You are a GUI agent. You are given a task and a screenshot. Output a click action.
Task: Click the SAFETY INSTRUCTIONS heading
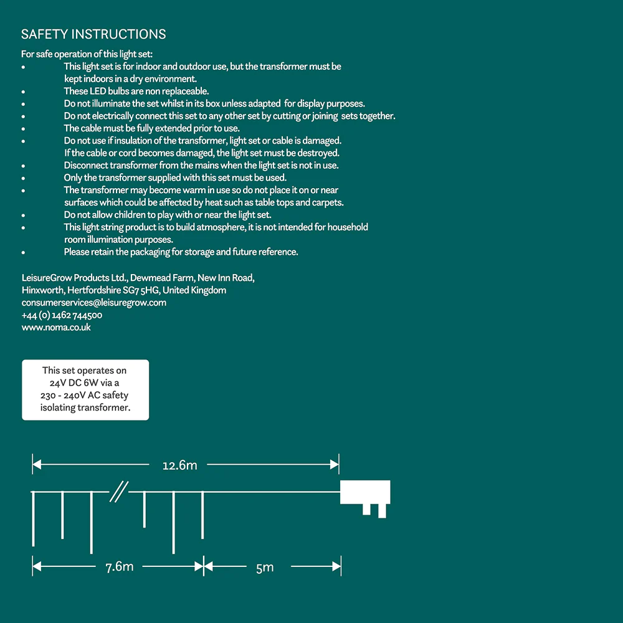(93, 34)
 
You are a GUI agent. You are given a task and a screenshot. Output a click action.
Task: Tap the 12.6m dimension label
(179, 465)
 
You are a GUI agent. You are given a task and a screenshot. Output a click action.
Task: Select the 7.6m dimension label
(119, 567)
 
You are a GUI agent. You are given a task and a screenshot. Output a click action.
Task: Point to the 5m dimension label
(265, 567)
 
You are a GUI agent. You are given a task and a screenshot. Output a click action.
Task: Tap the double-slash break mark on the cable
(119, 492)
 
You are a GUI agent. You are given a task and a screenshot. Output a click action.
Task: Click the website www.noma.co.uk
(56, 327)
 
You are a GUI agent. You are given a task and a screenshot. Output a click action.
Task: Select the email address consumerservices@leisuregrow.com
(93, 303)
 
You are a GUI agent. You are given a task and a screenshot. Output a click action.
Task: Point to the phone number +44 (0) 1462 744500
(62, 315)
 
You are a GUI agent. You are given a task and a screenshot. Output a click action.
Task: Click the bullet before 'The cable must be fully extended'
(23, 129)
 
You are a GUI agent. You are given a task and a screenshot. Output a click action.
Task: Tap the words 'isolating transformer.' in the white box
(85, 408)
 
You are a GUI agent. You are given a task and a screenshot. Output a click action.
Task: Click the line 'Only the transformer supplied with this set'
(175, 178)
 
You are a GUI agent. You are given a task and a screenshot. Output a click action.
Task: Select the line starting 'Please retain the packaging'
(181, 252)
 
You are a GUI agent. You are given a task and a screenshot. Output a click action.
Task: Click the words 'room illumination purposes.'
(118, 240)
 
